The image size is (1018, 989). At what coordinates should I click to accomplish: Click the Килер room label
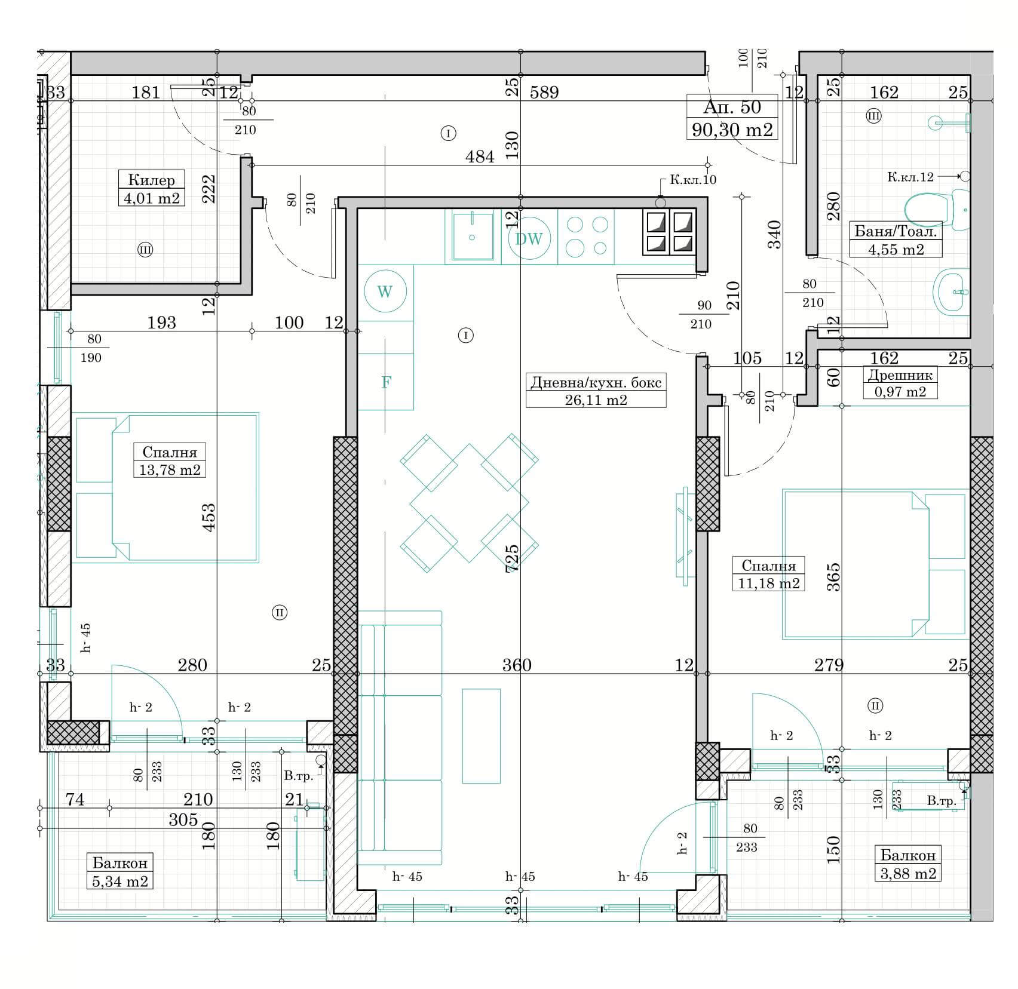(x=151, y=180)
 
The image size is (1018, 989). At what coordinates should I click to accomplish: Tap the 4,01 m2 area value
(x=151, y=198)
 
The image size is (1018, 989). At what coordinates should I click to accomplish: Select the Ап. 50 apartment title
(x=732, y=107)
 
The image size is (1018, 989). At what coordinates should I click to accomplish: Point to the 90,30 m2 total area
(x=732, y=129)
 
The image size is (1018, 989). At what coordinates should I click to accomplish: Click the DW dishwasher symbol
(x=529, y=239)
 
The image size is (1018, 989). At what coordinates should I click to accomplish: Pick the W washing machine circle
(x=385, y=291)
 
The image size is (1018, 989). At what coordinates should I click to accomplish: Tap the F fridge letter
(x=386, y=382)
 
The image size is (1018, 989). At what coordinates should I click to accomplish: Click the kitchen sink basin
(x=472, y=237)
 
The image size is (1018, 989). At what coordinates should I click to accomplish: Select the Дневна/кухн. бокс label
(x=596, y=382)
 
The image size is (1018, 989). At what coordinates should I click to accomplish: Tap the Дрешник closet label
(x=900, y=375)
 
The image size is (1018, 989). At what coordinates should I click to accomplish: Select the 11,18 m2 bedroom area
(x=768, y=583)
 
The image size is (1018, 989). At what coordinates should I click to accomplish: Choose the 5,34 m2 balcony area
(x=120, y=881)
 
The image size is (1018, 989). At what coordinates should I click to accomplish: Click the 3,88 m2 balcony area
(x=907, y=873)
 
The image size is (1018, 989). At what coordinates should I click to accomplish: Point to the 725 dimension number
(x=512, y=558)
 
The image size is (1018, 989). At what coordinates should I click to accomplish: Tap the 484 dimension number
(x=480, y=156)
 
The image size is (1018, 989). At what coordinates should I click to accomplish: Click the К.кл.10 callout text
(x=692, y=180)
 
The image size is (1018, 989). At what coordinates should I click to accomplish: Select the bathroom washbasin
(x=951, y=292)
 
